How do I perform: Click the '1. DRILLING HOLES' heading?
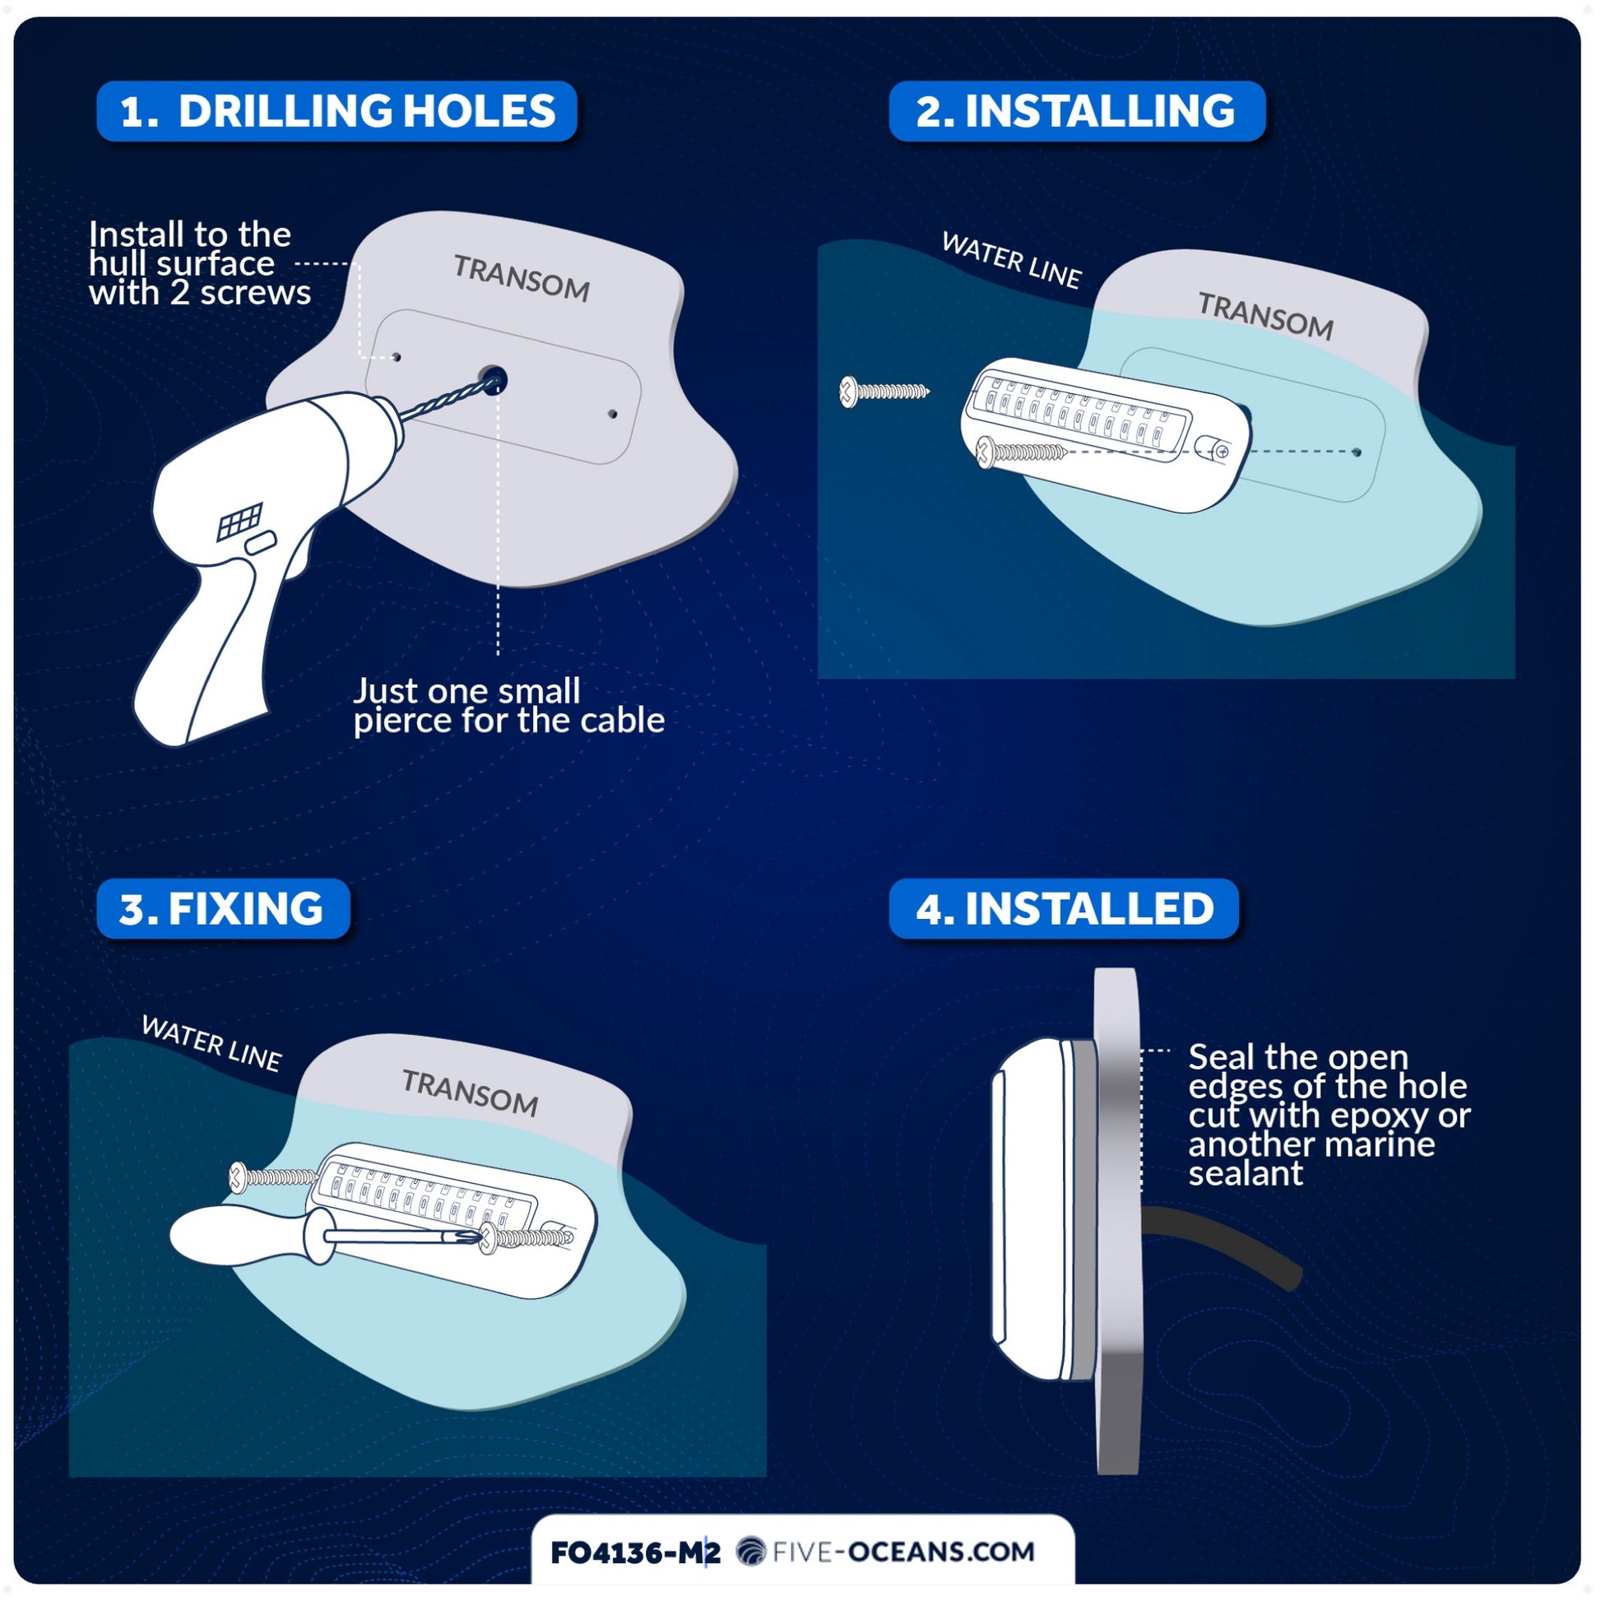pos(337,111)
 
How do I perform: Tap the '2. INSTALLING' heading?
pos(1076,111)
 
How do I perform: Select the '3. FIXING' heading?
pos(223,909)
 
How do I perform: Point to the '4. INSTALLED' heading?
pos(1064,909)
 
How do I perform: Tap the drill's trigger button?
pos(260,544)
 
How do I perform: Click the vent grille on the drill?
pos(240,522)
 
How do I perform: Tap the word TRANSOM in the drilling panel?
pos(522,278)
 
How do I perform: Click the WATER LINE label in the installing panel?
pos(1012,260)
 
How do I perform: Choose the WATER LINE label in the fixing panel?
pos(211,1042)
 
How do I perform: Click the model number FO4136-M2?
pos(636,1552)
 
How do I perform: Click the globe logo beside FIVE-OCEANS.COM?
pos(751,1552)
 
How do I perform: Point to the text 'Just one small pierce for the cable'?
pos(508,706)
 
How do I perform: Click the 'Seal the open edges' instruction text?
pos(1329,1115)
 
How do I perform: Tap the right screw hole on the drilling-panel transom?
pos(613,414)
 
